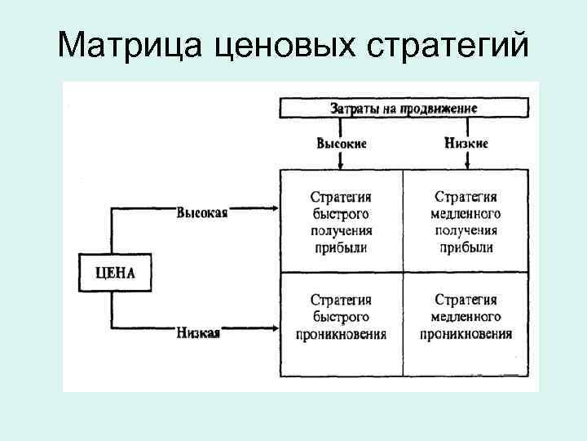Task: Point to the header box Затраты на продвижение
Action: point(404,108)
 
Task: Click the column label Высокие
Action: point(342,143)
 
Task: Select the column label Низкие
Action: point(467,143)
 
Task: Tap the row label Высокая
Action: point(201,212)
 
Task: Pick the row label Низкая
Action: point(198,332)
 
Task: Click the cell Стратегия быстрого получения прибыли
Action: point(342,222)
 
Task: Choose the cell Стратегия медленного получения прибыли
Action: point(466,222)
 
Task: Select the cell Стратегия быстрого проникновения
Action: point(342,317)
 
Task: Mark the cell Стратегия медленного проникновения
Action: point(466,317)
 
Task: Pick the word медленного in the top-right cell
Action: point(466,214)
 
